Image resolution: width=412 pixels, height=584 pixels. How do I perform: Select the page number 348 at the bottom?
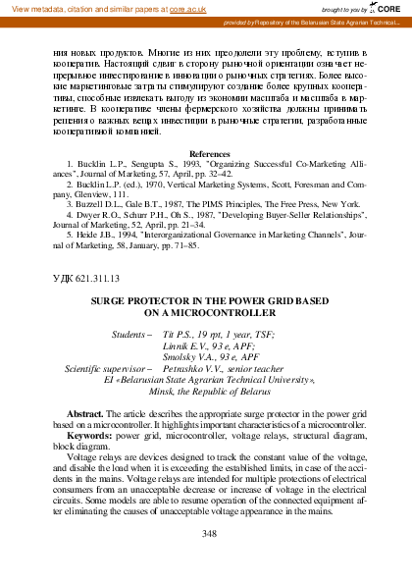pos(207,534)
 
